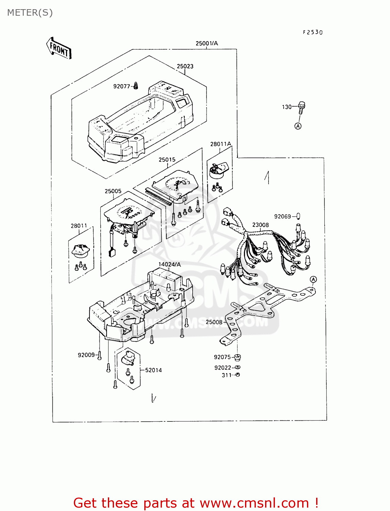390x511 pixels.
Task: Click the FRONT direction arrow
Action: [x=59, y=48]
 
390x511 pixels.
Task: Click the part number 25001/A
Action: [x=207, y=43]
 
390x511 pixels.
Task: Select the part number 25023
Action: [x=185, y=66]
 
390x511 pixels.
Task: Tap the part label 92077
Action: [x=121, y=87]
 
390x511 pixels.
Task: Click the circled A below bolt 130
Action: [x=298, y=126]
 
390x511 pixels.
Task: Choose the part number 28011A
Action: [x=221, y=144]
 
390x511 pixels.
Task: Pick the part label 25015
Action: [x=167, y=159]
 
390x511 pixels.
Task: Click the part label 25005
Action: [x=113, y=191]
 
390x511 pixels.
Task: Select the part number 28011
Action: [x=79, y=226]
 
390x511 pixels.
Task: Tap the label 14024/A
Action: [x=169, y=264]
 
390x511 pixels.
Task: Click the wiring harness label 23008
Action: [x=260, y=225]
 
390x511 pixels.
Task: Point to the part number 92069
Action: [x=282, y=216]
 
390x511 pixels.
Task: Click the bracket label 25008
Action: [x=214, y=322]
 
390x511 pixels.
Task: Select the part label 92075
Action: [x=222, y=357]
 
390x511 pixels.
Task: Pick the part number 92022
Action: [x=223, y=368]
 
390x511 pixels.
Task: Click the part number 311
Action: [x=227, y=375]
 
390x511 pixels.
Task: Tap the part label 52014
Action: [x=153, y=370]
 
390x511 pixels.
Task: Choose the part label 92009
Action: [x=86, y=355]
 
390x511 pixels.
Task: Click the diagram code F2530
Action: [x=313, y=32]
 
